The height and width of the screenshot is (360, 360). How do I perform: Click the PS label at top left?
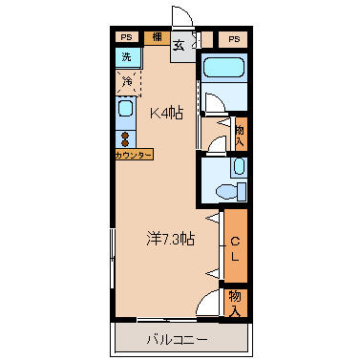126,37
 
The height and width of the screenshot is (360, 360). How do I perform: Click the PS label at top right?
234,39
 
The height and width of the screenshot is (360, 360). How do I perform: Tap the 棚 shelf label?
157,37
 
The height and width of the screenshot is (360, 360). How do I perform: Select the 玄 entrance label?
179,46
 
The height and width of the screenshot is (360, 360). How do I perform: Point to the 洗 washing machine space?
128,57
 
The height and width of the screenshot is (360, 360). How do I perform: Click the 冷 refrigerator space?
128,82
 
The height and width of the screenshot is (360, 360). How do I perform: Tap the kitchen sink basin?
125,108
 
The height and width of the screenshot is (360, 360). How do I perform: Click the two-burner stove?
125,139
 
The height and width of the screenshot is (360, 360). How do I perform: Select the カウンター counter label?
134,155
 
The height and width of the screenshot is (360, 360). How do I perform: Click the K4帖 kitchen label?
166,113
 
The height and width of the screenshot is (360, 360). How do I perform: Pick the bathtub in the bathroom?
223,68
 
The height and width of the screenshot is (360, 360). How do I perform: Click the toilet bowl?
227,192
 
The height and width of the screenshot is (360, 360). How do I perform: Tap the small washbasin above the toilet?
240,166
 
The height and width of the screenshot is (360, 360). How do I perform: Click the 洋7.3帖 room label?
170,239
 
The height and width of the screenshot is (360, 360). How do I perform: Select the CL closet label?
235,250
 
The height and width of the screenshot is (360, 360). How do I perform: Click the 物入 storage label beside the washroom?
240,136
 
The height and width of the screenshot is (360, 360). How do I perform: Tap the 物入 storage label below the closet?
235,304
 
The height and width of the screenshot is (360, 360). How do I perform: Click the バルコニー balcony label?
177,340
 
